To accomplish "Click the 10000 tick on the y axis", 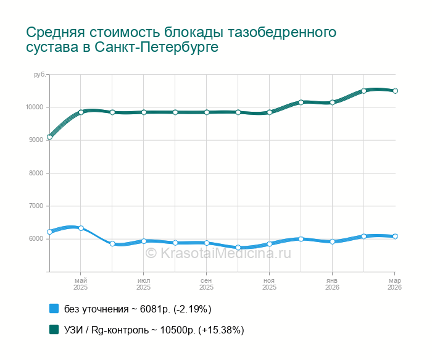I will (35, 107).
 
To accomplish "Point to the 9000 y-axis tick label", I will (36, 140).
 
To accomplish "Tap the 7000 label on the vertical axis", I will (36, 206).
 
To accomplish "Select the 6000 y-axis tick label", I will (36, 239).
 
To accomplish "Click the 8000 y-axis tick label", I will (36, 174).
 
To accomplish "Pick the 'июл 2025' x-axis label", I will (144, 284).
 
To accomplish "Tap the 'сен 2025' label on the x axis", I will (207, 284).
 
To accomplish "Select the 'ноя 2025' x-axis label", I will (269, 284).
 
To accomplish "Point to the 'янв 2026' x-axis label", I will (332, 284).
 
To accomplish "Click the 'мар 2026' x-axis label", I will (394, 284).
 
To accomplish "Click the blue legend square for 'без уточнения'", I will (54, 309).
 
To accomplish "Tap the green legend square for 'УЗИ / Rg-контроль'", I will (54, 330).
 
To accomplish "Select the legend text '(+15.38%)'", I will (221, 330).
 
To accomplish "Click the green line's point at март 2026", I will (395, 91).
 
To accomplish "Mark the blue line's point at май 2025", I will (81, 228).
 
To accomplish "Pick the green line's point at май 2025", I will (81, 112).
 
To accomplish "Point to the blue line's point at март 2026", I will (395, 237).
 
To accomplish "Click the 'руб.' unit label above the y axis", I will (39, 75).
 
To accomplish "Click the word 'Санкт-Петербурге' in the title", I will (157, 48).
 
